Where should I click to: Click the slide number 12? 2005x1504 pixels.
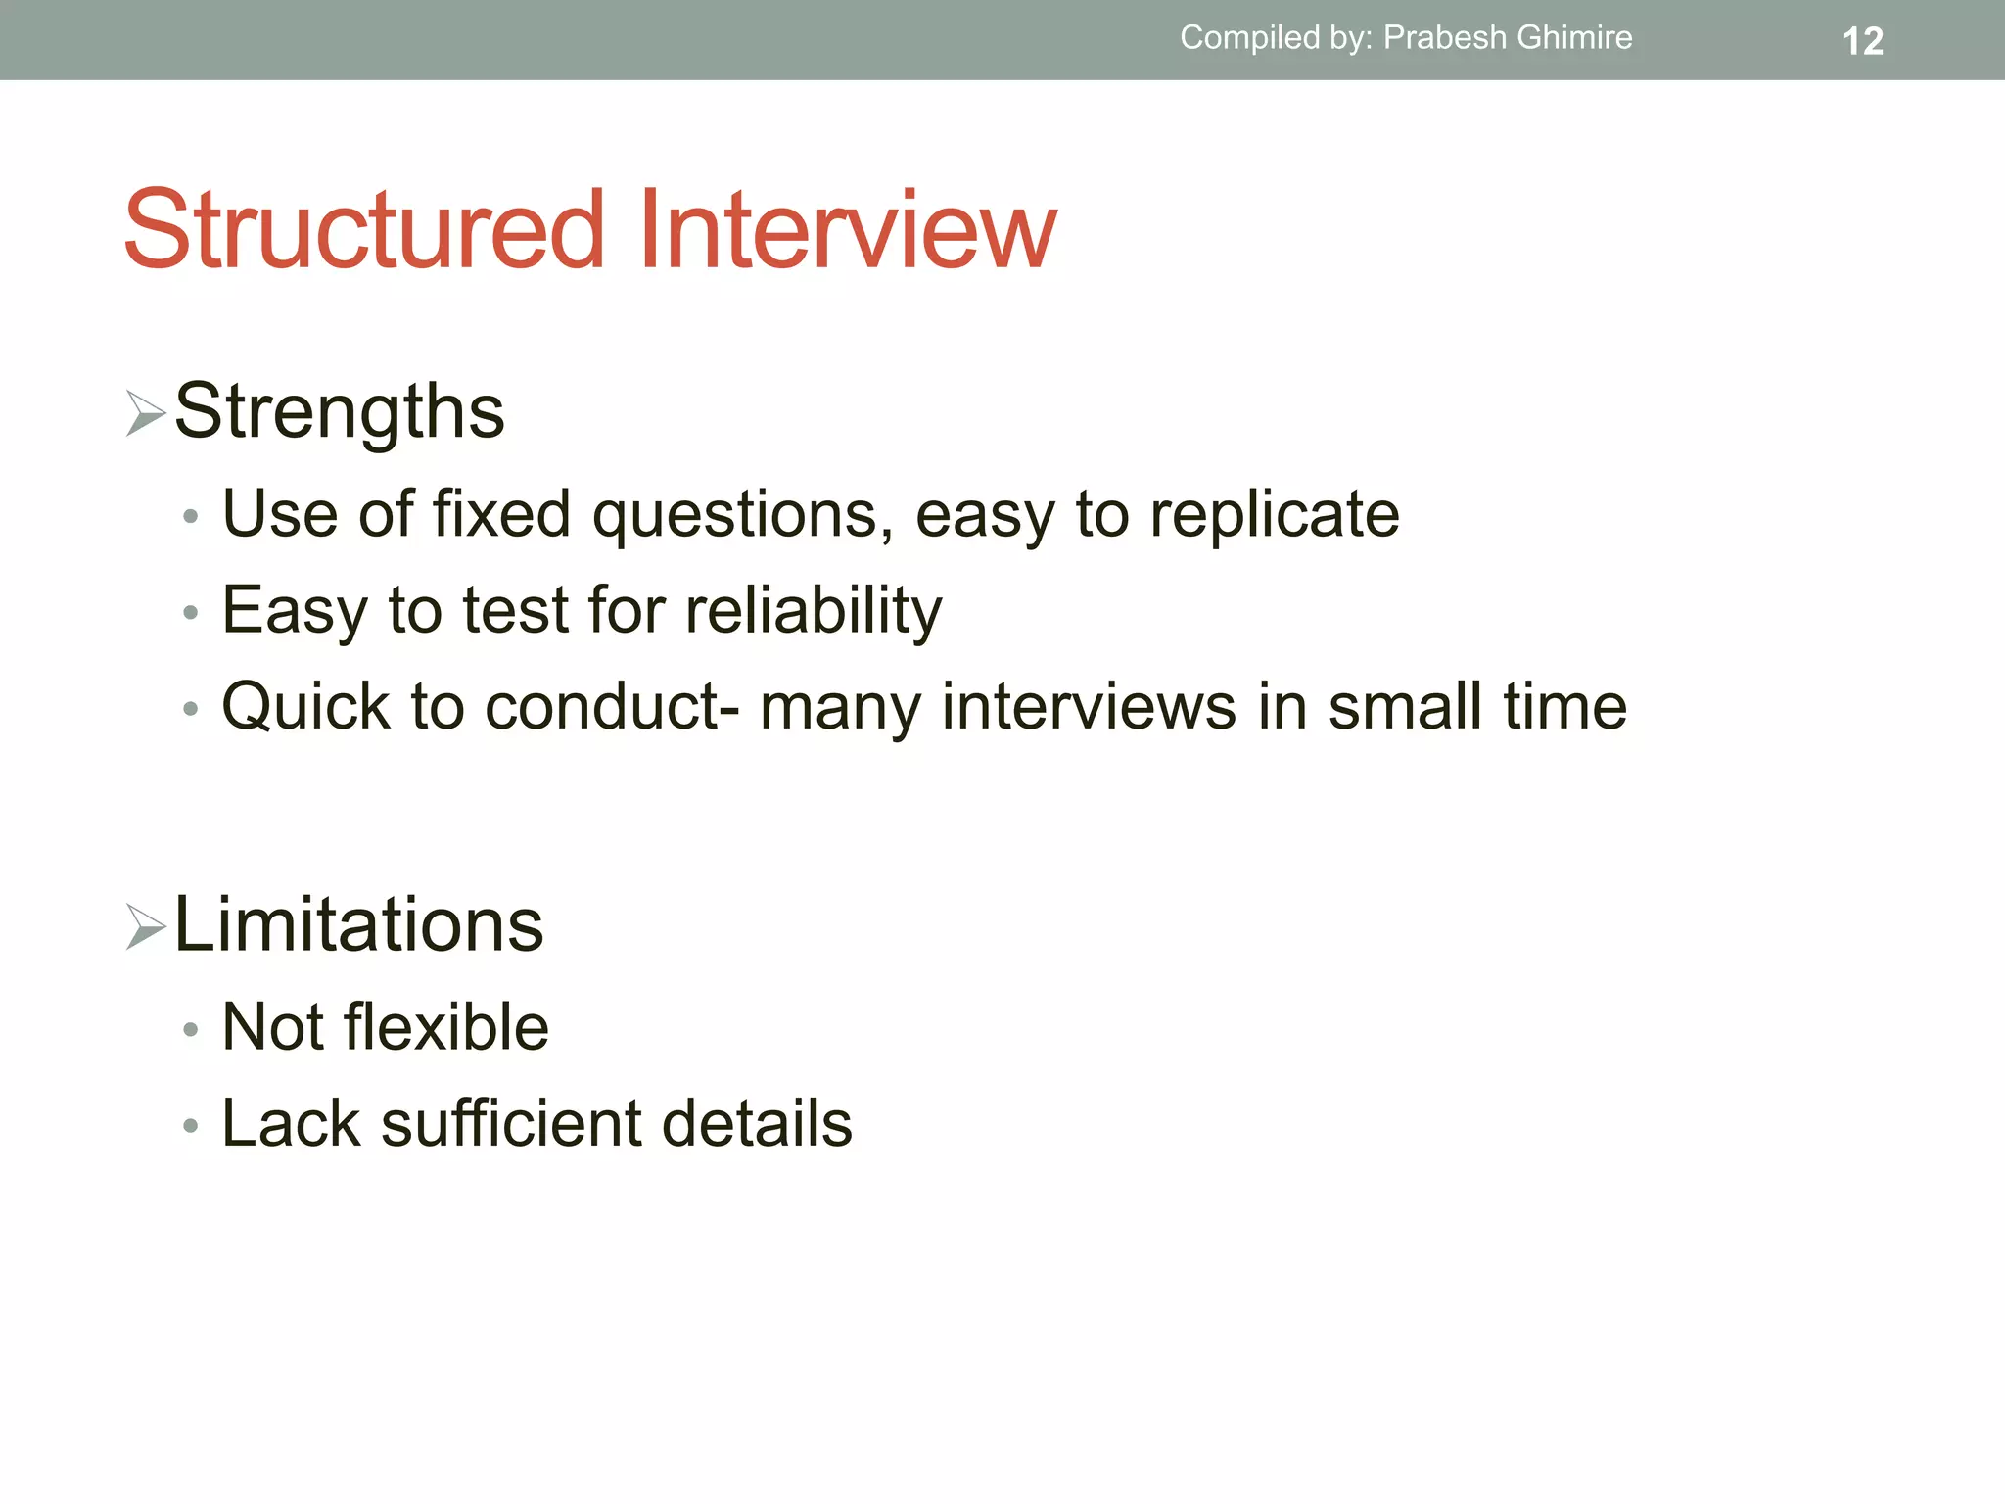1862,41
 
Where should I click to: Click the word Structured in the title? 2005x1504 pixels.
364,231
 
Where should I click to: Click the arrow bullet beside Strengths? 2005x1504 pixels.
145,413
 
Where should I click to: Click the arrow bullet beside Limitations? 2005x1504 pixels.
145,926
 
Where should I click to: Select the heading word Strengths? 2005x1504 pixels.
339,411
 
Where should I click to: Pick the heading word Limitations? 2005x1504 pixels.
358,924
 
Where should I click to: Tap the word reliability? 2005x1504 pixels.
813,610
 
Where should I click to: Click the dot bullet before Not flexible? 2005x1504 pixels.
191,1030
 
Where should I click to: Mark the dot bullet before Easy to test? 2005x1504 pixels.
191,613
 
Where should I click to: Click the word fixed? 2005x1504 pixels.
501,514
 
